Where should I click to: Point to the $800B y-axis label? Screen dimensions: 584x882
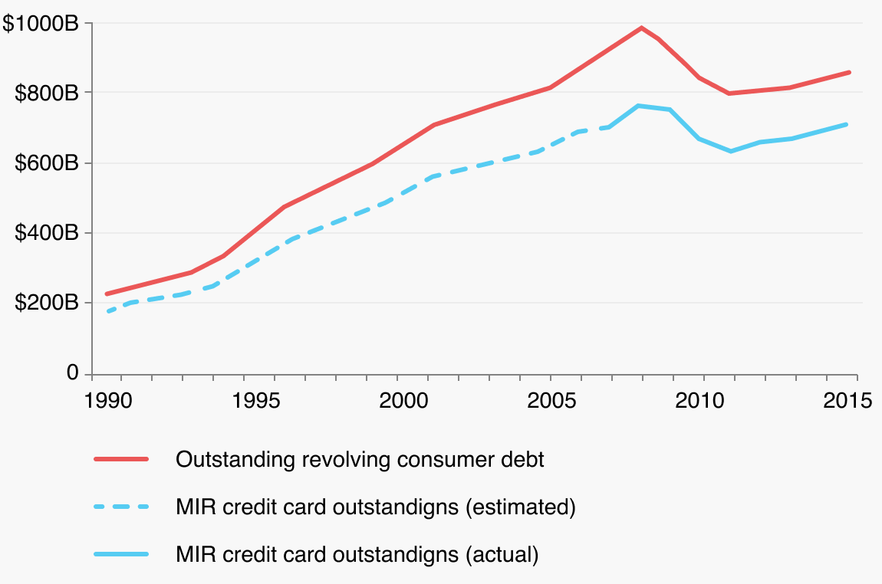click(x=47, y=94)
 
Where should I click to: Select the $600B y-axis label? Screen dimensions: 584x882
click(x=47, y=163)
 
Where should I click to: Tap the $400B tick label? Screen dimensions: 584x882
click(x=47, y=233)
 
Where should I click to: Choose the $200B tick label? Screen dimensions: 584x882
click(x=47, y=303)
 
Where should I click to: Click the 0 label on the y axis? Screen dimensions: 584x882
click(x=73, y=373)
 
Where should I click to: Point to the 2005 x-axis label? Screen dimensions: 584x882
click(x=551, y=400)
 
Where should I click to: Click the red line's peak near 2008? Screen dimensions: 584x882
click(x=642, y=28)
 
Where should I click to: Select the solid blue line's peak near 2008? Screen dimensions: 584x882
click(x=639, y=106)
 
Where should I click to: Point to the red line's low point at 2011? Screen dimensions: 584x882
click(x=729, y=94)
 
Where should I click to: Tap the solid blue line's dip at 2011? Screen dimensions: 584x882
click(x=730, y=151)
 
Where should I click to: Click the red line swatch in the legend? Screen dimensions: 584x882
click(x=120, y=460)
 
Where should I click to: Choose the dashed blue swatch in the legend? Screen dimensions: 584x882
click(x=120, y=507)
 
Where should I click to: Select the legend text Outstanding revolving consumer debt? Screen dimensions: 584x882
click(x=360, y=460)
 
